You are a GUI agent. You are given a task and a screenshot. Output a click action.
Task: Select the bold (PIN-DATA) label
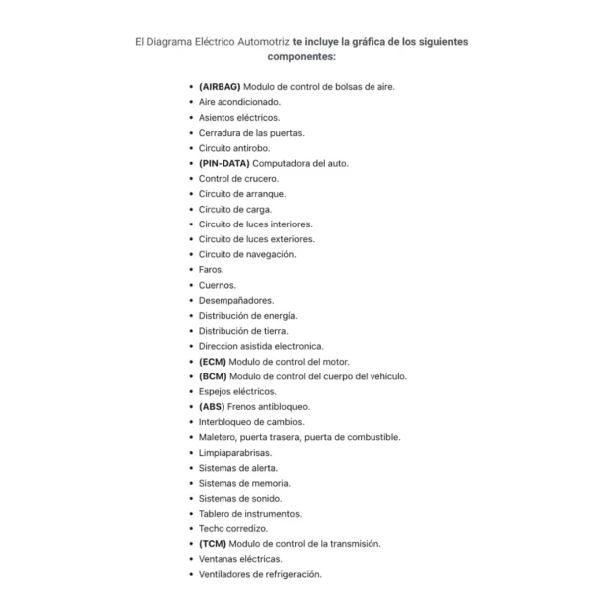tap(223, 163)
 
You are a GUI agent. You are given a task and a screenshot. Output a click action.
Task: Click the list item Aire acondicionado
tap(238, 101)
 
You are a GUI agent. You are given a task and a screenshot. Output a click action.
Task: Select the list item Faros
tap(211, 269)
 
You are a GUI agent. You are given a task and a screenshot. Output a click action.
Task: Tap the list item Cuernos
tap(217, 285)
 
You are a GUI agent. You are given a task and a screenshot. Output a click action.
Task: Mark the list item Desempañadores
tap(235, 300)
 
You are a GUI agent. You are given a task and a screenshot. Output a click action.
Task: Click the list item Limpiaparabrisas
tap(234, 453)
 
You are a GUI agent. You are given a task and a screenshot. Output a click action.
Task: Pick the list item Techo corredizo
tap(231, 528)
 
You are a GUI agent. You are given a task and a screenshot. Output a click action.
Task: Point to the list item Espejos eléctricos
tap(237, 391)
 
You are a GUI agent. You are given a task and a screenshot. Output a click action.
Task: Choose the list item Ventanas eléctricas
tap(239, 559)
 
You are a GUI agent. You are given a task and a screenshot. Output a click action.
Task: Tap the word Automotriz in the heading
tap(258, 41)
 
